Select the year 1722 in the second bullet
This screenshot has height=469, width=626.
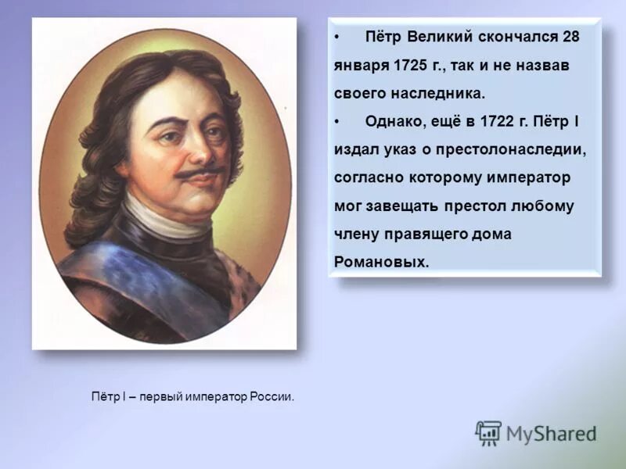click(489, 121)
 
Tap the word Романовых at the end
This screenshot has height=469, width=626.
click(381, 262)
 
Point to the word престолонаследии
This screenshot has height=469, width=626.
click(500, 149)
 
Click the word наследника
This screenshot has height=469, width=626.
click(442, 94)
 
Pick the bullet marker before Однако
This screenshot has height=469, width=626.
click(337, 122)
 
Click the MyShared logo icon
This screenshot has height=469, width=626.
click(488, 433)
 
